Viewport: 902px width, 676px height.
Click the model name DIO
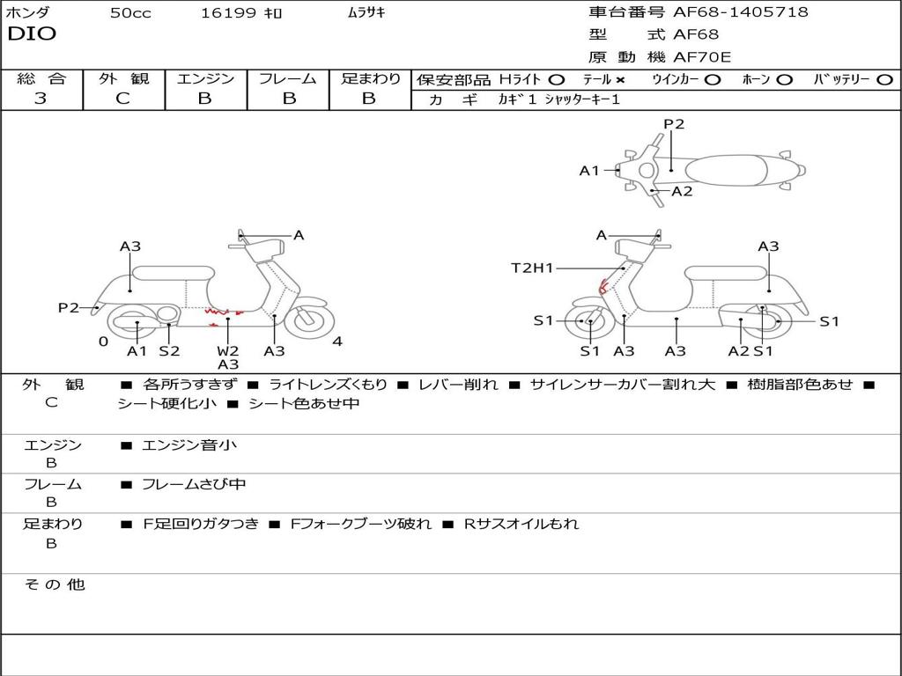(32, 34)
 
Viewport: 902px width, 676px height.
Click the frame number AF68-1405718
(740, 11)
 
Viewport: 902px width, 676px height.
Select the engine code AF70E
(702, 57)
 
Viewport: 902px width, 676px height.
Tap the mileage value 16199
(228, 12)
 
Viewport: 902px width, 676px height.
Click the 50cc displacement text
(130, 12)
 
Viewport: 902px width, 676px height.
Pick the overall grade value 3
(41, 99)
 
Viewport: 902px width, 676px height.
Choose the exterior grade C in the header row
(123, 99)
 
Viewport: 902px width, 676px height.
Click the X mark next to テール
(620, 80)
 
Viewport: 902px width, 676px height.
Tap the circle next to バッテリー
(884, 80)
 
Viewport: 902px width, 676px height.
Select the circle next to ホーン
(784, 80)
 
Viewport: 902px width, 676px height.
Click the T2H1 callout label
(532, 268)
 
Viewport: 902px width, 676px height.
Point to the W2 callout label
(228, 350)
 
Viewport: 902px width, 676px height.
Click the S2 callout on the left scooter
(170, 350)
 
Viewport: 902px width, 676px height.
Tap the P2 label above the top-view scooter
(674, 124)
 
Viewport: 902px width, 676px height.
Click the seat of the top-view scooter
(726, 171)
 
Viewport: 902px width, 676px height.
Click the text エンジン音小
(189, 445)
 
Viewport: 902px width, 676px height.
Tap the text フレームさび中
(194, 485)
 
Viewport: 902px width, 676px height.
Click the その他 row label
(55, 584)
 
